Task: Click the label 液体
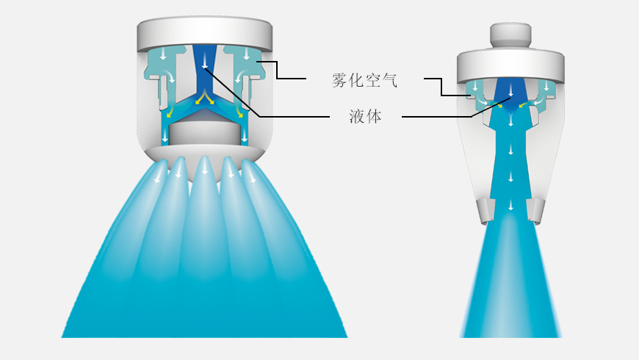coord(365,117)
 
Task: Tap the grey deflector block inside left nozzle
coord(204,134)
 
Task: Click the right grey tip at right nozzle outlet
coord(535,210)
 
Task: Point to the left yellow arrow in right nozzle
coord(499,105)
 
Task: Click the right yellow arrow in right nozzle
coord(521,105)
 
